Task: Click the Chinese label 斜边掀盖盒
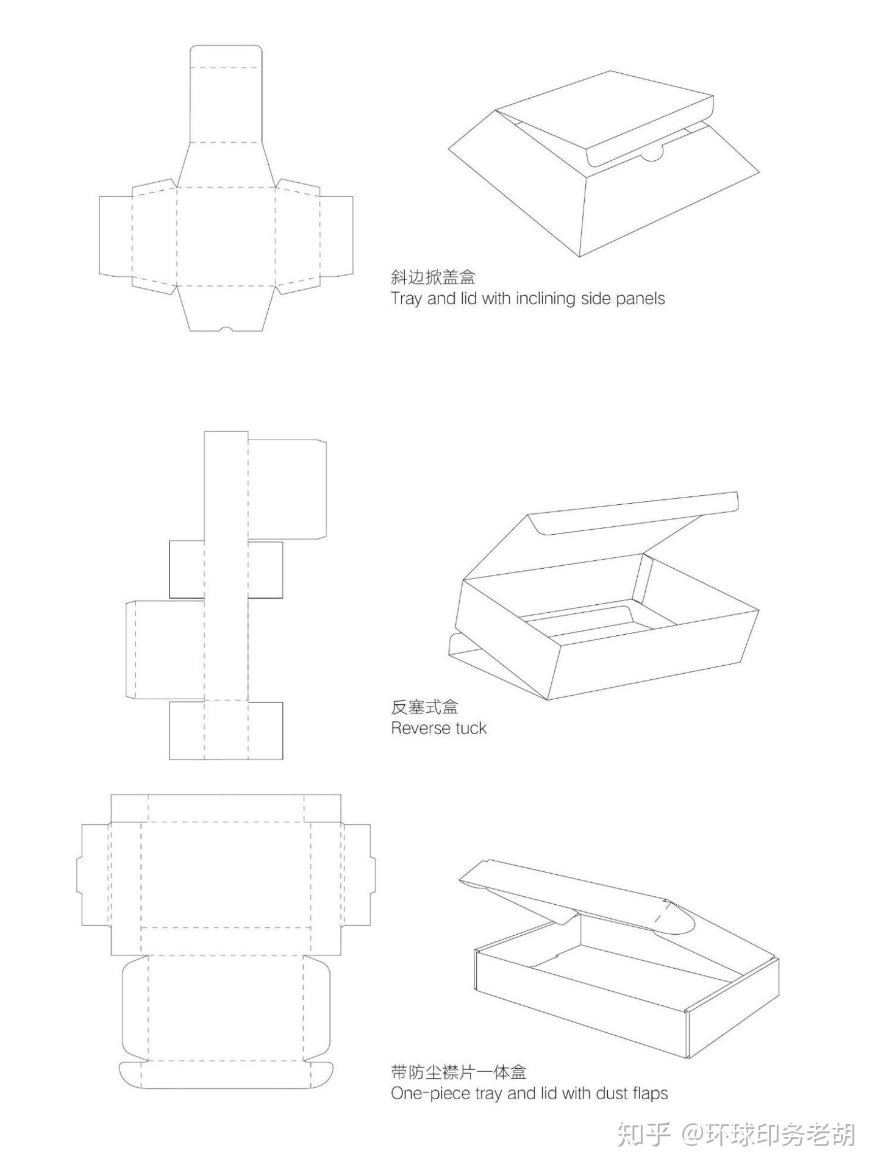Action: tap(433, 277)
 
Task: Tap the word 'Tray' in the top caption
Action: tap(405, 299)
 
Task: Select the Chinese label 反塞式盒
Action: tap(424, 707)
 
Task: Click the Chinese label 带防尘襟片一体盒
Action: tap(459, 1072)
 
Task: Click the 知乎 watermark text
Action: tap(644, 1135)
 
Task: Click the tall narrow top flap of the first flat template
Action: tap(226, 94)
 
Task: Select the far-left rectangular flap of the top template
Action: tap(115, 235)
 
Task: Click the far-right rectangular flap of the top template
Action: tap(337, 235)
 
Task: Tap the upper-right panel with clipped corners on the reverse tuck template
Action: tap(287, 489)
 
